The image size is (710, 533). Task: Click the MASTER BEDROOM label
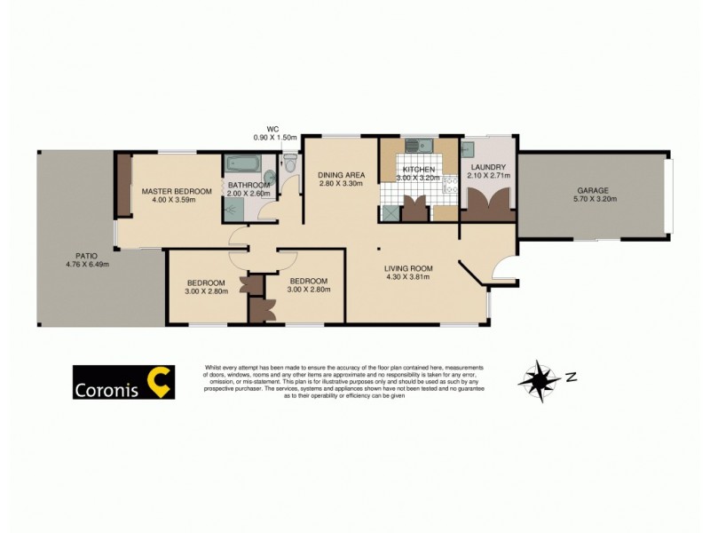tap(176, 192)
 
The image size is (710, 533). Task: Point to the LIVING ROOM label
tap(407, 268)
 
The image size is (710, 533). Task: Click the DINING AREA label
tap(342, 174)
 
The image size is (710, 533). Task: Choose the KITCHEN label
tap(418, 169)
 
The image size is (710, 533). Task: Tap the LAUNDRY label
tap(488, 167)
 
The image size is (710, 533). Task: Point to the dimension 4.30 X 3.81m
tap(407, 277)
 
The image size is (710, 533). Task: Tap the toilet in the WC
tap(290, 163)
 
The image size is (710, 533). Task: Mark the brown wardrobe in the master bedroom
tap(122, 186)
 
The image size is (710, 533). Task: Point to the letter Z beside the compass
tap(572, 376)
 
